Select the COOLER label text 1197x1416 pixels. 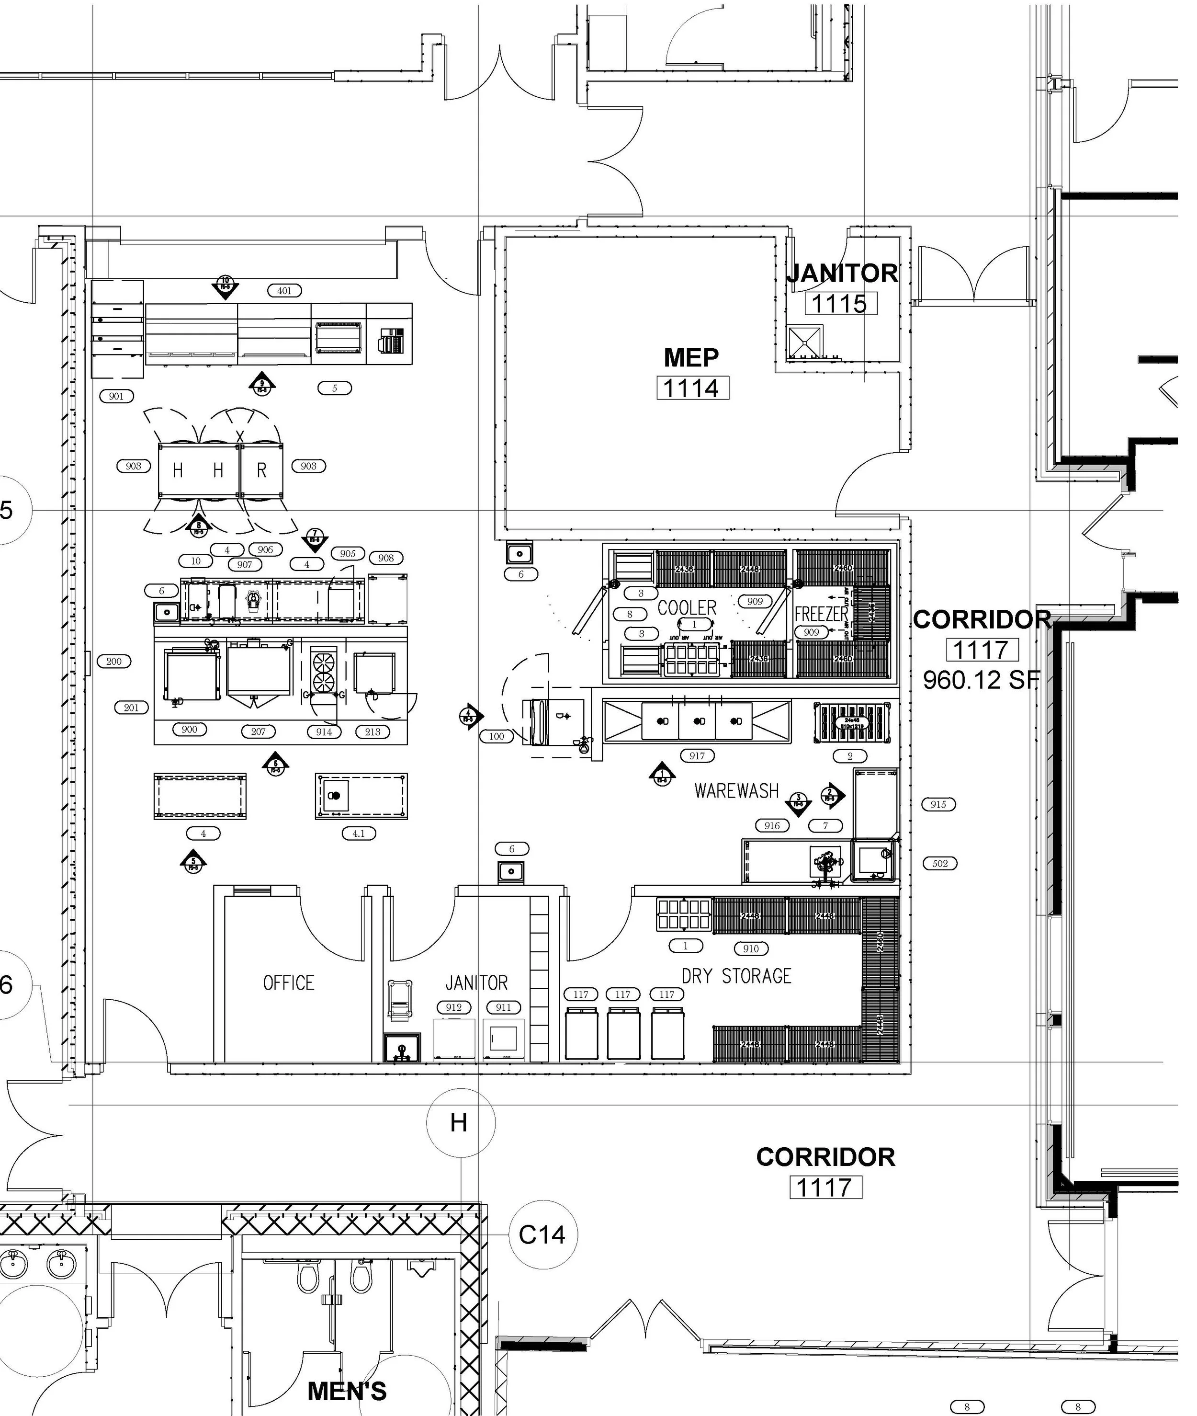click(x=687, y=607)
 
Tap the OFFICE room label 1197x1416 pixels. click(x=288, y=983)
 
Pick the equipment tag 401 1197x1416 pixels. click(x=284, y=291)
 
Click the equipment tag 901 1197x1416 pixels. click(x=117, y=396)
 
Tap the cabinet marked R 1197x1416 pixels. click(x=261, y=470)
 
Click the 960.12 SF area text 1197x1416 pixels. click(x=981, y=679)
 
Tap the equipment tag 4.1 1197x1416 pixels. click(x=359, y=834)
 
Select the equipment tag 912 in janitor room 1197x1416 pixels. click(x=453, y=1007)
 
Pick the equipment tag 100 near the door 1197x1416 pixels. click(x=497, y=736)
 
